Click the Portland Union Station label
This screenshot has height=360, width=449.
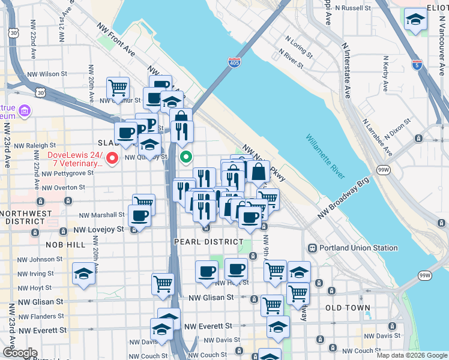[x=358, y=248]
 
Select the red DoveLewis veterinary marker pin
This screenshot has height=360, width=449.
[x=112, y=158]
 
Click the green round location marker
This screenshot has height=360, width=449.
[x=186, y=158]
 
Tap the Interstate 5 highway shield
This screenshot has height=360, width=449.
[x=417, y=64]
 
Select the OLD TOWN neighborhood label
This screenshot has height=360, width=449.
[x=348, y=308]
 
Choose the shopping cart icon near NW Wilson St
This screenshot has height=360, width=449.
[x=118, y=88]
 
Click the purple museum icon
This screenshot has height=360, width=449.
[x=25, y=110]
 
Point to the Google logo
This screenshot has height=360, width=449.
[x=19, y=353]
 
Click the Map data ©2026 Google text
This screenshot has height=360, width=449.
[x=411, y=355]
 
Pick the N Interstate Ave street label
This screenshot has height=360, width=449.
[x=346, y=69]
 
